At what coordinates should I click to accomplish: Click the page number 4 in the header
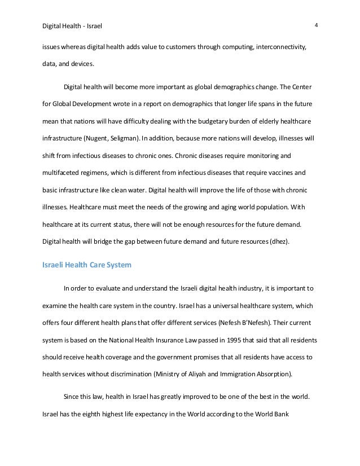pyautogui.click(x=317, y=25)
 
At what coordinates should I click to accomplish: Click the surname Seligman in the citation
pyautogui.click(x=160, y=137)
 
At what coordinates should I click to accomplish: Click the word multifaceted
pyautogui.click(x=64, y=172)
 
